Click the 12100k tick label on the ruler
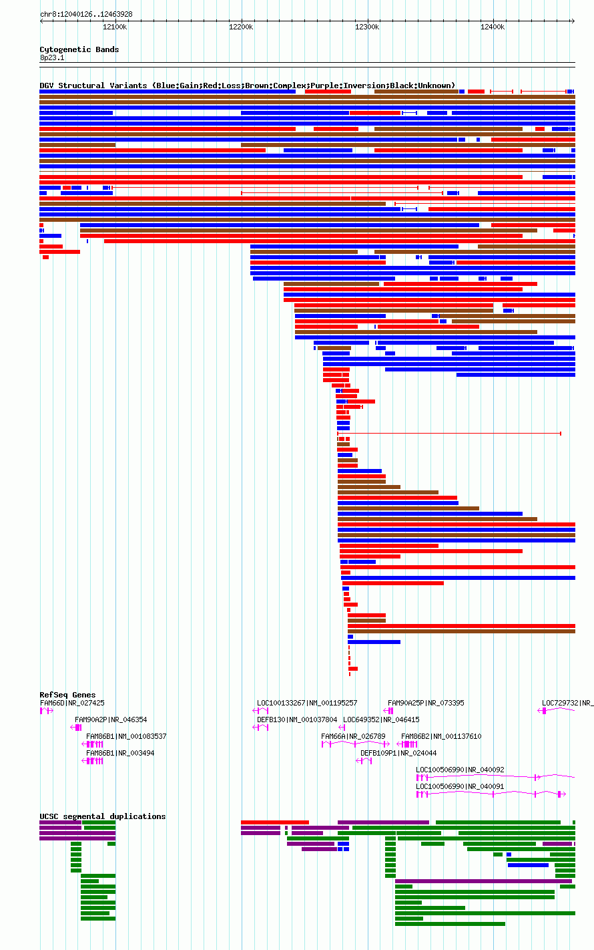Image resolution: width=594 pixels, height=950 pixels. click(x=115, y=27)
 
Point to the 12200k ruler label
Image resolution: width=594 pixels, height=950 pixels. click(x=241, y=27)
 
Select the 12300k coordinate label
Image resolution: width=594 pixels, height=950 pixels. click(x=367, y=27)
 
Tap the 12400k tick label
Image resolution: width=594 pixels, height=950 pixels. click(x=493, y=27)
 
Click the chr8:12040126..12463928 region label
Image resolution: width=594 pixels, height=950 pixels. click(x=86, y=14)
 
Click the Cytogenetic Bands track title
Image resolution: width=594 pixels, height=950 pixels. click(x=79, y=49)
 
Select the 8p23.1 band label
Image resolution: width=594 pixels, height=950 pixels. click(x=52, y=57)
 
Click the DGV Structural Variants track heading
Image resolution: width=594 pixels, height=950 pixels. click(x=247, y=86)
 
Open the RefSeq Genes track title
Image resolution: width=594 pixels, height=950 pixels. click(x=67, y=695)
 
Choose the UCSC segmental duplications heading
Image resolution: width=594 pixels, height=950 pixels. click(x=102, y=816)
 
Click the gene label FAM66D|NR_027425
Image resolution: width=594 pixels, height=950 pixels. click(x=72, y=703)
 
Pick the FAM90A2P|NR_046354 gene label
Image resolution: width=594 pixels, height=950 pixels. click(x=111, y=720)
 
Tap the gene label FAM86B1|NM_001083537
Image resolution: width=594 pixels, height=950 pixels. click(x=126, y=736)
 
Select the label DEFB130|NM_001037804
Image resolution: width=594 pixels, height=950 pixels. click(x=297, y=720)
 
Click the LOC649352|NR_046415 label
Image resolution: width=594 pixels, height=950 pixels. click(x=381, y=720)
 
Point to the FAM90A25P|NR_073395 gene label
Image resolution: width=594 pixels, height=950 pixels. click(x=426, y=703)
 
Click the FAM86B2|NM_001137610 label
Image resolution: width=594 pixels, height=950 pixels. click(x=441, y=736)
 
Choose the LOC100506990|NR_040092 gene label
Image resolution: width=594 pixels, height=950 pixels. click(x=460, y=770)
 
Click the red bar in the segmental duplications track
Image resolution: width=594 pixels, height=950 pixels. click(x=274, y=822)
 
